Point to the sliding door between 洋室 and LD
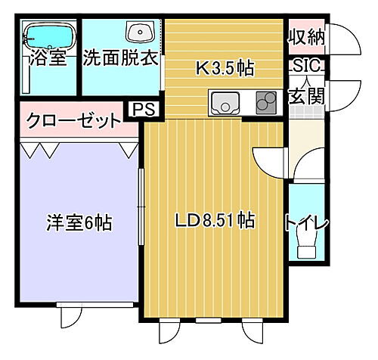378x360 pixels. pyautogui.click(x=140, y=204)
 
